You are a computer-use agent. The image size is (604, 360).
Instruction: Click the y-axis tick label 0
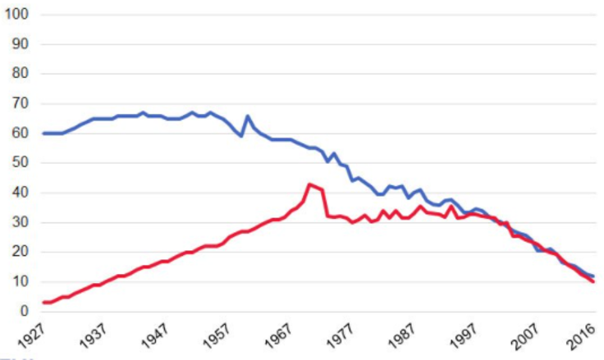pos(24,312)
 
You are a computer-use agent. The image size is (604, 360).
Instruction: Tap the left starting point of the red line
pos(42,303)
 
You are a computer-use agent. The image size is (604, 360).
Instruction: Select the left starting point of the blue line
pos(42,133)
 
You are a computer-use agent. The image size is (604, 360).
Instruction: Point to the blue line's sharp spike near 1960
pos(247,116)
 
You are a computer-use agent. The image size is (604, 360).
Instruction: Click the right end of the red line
pos(593,281)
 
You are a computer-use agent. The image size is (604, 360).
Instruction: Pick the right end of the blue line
pos(593,276)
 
